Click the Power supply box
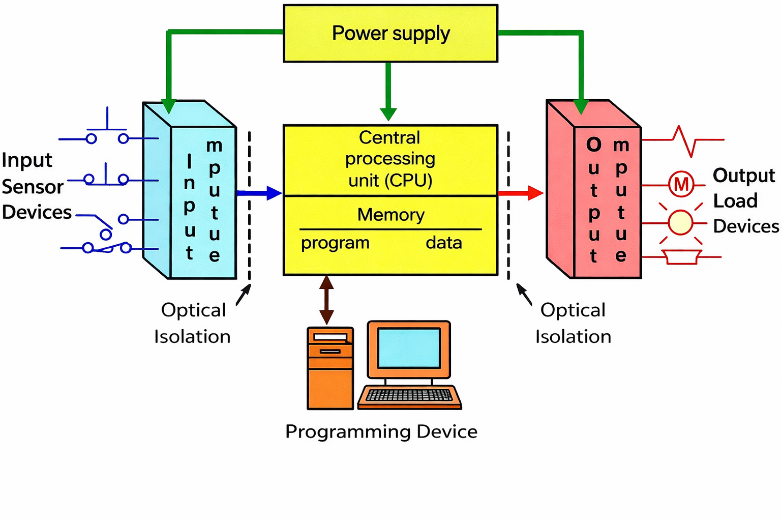tap(390, 34)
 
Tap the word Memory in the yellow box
tap(390, 215)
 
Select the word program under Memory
tap(335, 243)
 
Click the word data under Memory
tap(444, 243)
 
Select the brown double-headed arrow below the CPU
tap(326, 300)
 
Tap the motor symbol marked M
tap(681, 184)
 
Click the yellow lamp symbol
tap(680, 222)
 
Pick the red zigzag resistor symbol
tap(683, 140)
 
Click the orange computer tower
tap(330, 368)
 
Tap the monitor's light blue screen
tap(409, 349)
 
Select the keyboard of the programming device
tap(409, 396)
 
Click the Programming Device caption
tap(381, 431)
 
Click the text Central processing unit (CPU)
tap(390, 159)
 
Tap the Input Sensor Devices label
tap(36, 186)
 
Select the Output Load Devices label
tap(745, 200)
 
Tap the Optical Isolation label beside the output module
tap(573, 323)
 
